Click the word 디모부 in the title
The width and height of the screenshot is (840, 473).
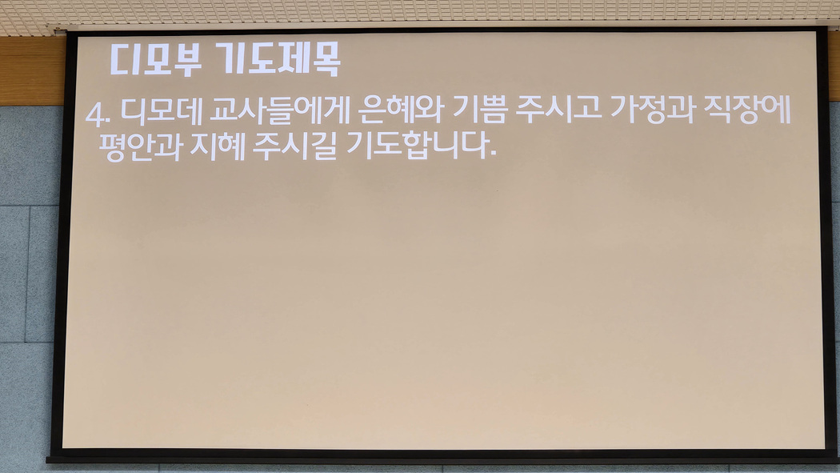point(156,59)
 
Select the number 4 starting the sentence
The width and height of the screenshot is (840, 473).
point(94,114)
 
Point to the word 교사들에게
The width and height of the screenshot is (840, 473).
point(280,110)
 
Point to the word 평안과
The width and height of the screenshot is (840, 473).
point(141,146)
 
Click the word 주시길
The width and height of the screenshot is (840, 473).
point(295,146)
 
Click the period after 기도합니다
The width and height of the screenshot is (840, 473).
point(493,155)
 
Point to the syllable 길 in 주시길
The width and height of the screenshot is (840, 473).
point(324,146)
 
